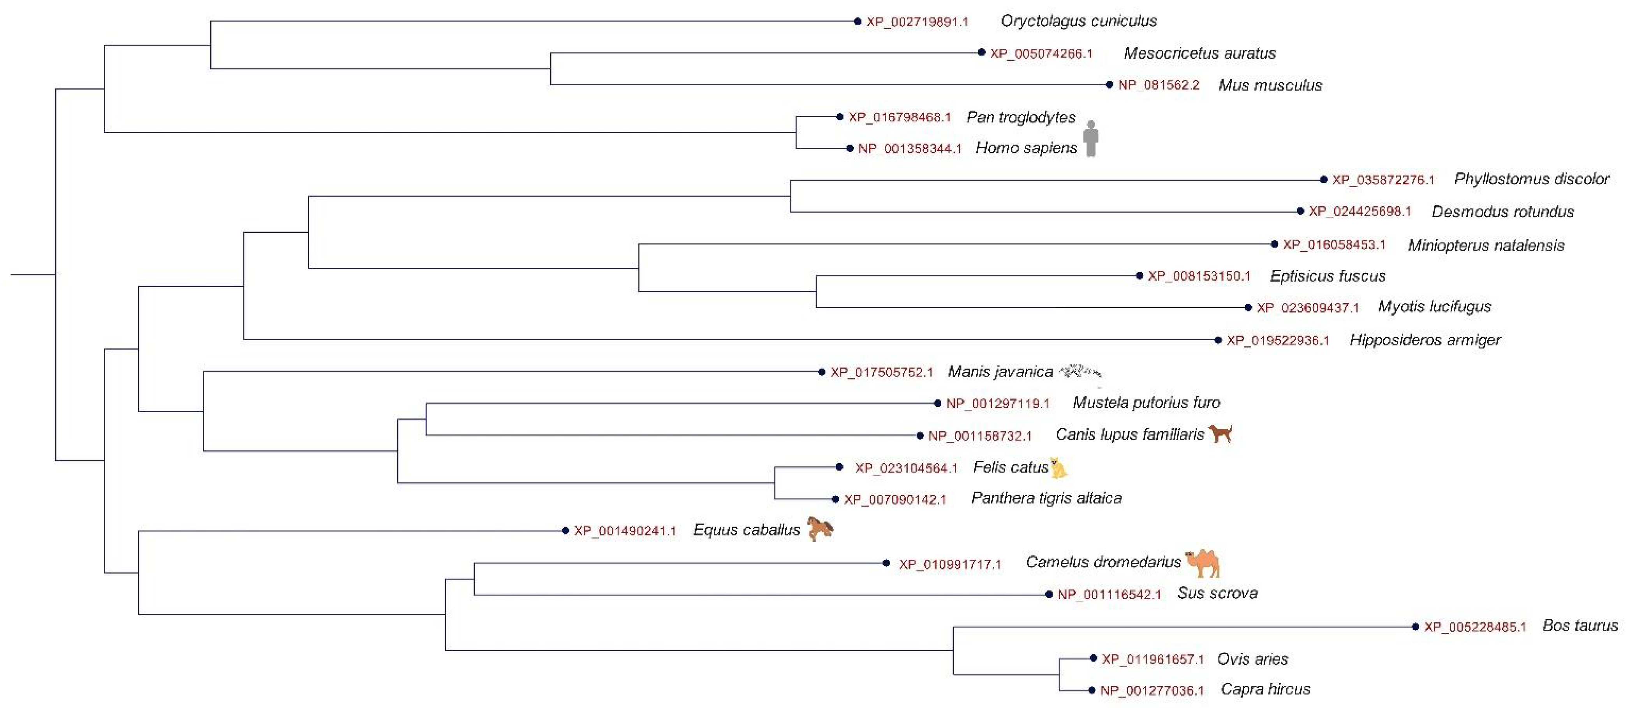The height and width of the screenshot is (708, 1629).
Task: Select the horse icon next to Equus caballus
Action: click(x=819, y=529)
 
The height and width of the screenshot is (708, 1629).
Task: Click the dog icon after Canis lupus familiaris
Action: click(x=1220, y=434)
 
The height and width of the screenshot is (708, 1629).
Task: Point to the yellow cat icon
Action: click(x=1058, y=468)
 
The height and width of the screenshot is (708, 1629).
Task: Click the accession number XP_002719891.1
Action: click(x=917, y=21)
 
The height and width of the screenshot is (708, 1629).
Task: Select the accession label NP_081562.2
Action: click(x=1159, y=85)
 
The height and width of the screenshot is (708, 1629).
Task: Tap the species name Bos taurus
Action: click(x=1580, y=625)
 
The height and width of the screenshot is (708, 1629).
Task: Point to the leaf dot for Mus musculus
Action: click(x=1109, y=85)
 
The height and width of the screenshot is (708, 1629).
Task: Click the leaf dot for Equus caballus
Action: click(x=565, y=531)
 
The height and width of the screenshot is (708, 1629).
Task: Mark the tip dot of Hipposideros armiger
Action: click(x=1218, y=340)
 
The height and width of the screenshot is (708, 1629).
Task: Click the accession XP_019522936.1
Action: click(x=1277, y=341)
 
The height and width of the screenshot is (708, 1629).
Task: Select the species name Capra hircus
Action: click(x=1265, y=689)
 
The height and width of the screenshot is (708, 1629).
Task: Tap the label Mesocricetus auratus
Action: click(x=1199, y=53)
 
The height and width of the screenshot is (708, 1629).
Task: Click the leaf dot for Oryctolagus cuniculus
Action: click(x=858, y=21)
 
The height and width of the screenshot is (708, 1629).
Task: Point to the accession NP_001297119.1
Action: click(x=998, y=403)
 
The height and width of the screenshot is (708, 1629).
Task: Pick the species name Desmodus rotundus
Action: click(x=1502, y=211)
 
